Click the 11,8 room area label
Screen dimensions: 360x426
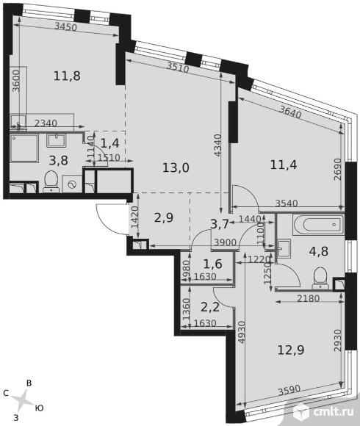(x=67, y=76)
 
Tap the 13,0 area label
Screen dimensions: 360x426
(x=176, y=167)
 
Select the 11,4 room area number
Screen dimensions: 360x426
(x=284, y=165)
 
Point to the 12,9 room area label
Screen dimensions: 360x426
(x=291, y=350)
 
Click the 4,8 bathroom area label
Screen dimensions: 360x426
(x=319, y=251)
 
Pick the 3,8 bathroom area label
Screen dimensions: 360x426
(x=59, y=161)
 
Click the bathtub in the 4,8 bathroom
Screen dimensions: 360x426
(x=318, y=225)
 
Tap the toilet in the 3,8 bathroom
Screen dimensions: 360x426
(x=51, y=181)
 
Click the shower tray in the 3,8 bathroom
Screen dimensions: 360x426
(x=24, y=148)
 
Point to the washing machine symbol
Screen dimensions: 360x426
(x=72, y=184)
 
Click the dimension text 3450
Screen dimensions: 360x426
(x=65, y=26)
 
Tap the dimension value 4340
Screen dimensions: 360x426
(x=217, y=145)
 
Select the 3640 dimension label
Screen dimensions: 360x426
(x=290, y=112)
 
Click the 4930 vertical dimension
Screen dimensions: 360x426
(x=242, y=333)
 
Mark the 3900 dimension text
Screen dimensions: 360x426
(x=226, y=242)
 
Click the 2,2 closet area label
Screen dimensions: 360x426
(x=210, y=308)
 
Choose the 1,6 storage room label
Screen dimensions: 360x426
(x=213, y=264)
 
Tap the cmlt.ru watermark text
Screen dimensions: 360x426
(x=334, y=412)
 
